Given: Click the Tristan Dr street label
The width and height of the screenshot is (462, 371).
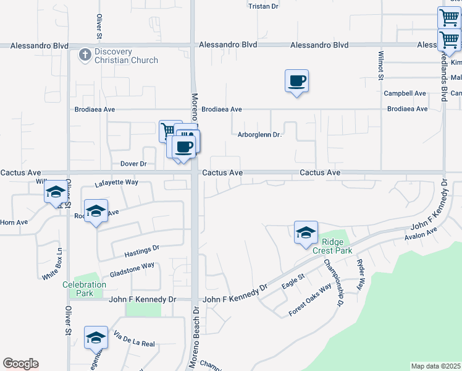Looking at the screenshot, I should click(x=263, y=6).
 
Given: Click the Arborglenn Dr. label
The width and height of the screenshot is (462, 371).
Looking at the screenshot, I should click(x=259, y=135).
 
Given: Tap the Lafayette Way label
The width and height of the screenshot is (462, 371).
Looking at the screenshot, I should click(x=117, y=183).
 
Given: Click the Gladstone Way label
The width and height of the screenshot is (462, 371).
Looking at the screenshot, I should click(x=132, y=270).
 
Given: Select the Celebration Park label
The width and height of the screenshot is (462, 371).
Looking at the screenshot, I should click(x=84, y=289).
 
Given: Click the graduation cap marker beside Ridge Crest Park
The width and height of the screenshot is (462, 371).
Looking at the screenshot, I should click(x=306, y=232).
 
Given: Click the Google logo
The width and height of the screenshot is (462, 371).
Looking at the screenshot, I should click(x=20, y=364).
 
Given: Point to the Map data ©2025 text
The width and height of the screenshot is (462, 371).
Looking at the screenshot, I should click(x=435, y=366).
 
